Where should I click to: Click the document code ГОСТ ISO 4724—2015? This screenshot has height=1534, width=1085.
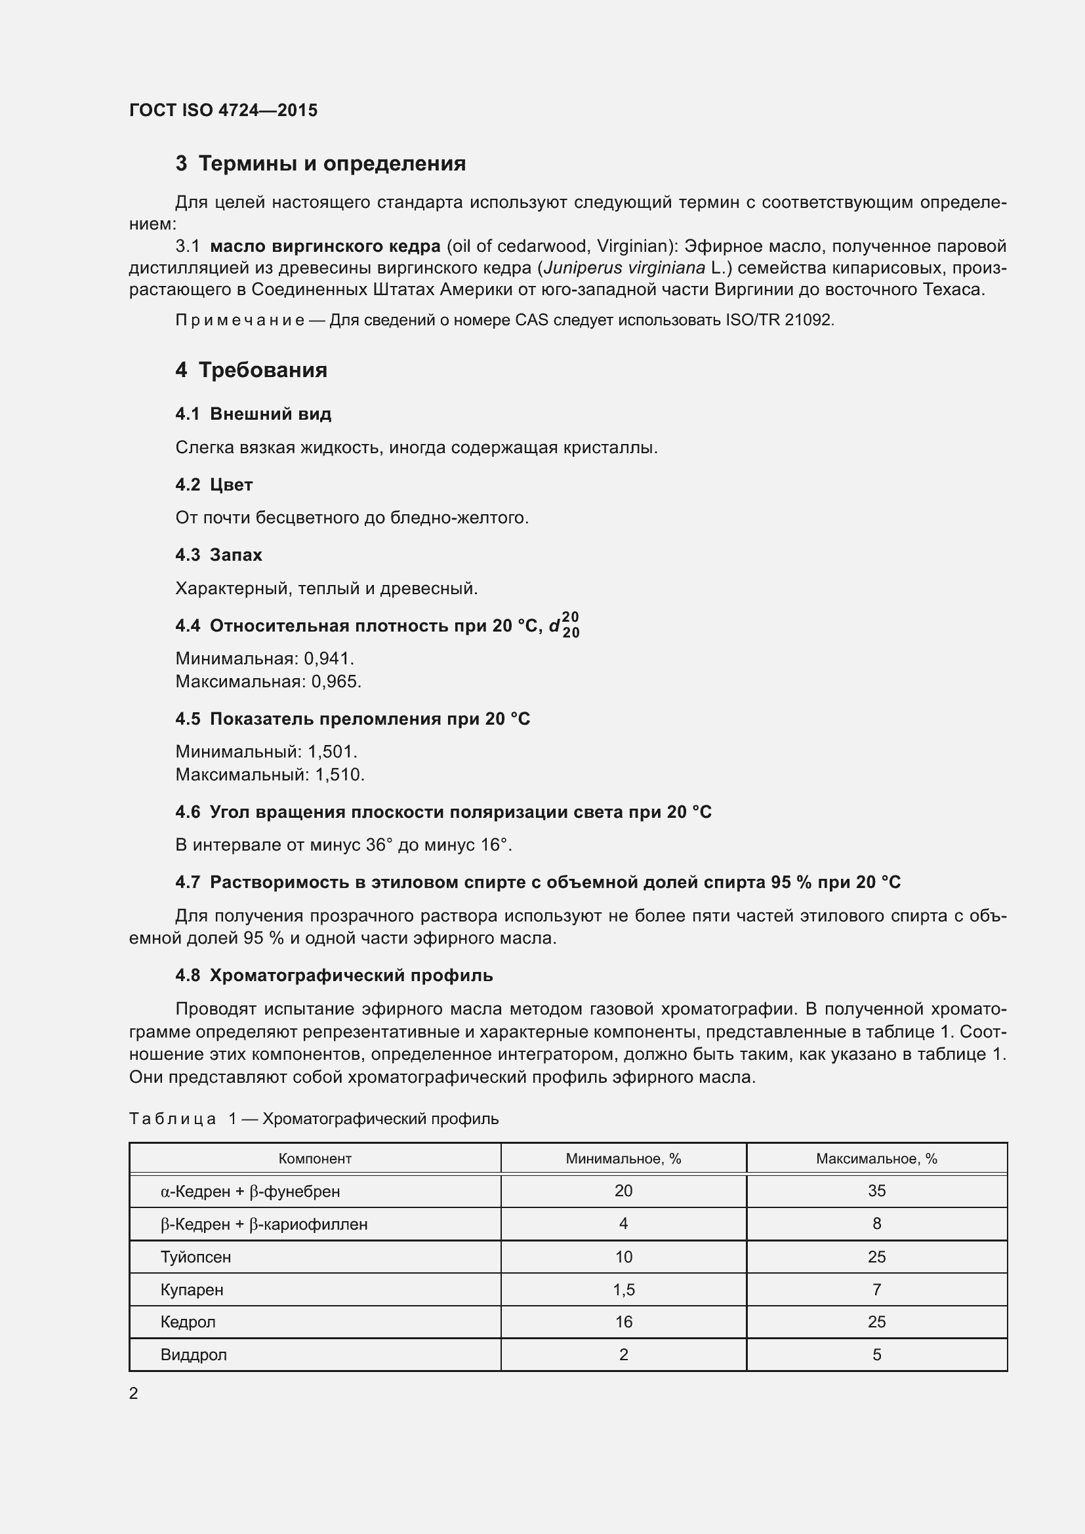pyautogui.click(x=223, y=110)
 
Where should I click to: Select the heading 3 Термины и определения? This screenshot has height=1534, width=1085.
pyautogui.click(x=321, y=164)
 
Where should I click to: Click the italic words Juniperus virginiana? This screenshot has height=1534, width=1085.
pyautogui.click(x=624, y=268)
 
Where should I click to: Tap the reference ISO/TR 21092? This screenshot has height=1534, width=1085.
pyautogui.click(x=779, y=320)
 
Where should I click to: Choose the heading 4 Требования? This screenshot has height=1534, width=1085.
pyautogui.click(x=251, y=370)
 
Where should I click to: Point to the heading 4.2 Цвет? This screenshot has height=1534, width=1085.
pyautogui.click(x=214, y=485)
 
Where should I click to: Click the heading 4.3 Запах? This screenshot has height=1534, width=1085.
pyautogui.click(x=218, y=555)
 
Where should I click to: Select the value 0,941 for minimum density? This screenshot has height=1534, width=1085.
pyautogui.click(x=327, y=658)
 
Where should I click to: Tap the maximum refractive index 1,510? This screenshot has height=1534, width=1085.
pyautogui.click(x=339, y=775)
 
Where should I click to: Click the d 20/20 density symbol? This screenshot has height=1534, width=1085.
pyautogui.click(x=565, y=626)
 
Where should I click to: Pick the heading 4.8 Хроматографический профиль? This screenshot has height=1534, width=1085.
pyautogui.click(x=334, y=975)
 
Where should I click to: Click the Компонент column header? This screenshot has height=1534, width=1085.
pyautogui.click(x=315, y=1159)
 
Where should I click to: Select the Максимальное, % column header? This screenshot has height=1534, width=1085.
pyautogui.click(x=876, y=1159)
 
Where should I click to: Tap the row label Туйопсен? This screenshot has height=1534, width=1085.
pyautogui.click(x=195, y=1257)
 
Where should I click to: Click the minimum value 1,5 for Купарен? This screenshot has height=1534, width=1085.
pyautogui.click(x=623, y=1290)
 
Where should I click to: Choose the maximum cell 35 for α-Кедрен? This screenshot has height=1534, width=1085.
pyautogui.click(x=876, y=1191)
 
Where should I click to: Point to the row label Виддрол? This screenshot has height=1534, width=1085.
pyautogui.click(x=194, y=1355)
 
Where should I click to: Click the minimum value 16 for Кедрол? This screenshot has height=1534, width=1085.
pyautogui.click(x=623, y=1322)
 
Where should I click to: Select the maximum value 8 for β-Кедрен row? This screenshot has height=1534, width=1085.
pyautogui.click(x=876, y=1224)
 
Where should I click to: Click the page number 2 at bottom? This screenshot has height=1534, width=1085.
pyautogui.click(x=134, y=1394)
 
